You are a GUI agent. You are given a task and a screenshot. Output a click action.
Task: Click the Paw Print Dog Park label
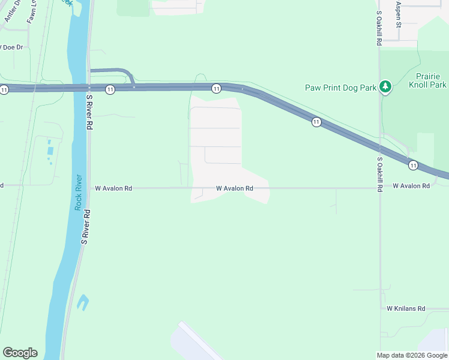(x=340, y=88)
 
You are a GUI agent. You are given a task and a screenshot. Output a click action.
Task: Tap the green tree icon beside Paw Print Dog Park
(x=385, y=88)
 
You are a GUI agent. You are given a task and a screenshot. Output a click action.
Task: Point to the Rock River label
(x=78, y=192)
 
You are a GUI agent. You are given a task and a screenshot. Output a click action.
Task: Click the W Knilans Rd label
(x=406, y=308)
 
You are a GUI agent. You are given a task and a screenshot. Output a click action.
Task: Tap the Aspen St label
(x=398, y=14)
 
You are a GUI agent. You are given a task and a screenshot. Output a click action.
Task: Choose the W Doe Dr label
(x=12, y=47)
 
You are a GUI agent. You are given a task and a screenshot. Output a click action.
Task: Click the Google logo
(x=20, y=353)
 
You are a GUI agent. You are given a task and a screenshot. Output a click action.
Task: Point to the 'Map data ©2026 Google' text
(x=412, y=355)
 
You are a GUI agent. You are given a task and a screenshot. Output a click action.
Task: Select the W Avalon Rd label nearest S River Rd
(x=113, y=188)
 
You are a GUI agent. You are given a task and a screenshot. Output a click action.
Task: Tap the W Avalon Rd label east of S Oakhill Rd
(x=411, y=186)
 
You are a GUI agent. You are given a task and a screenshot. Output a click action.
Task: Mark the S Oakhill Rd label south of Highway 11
(x=379, y=174)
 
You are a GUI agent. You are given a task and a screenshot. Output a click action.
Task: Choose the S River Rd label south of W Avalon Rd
(x=86, y=226)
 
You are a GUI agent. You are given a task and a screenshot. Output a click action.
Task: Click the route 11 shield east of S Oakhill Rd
(x=413, y=164)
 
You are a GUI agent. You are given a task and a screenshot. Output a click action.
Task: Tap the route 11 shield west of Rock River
(x=5, y=89)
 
